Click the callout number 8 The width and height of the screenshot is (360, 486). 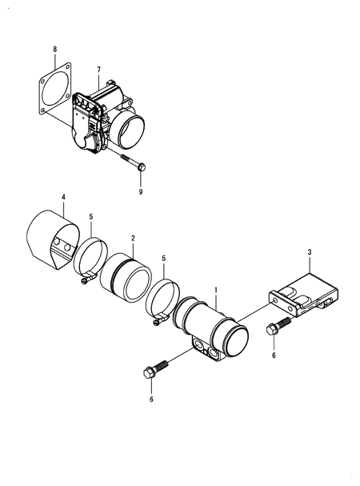pyautogui.click(x=54, y=49)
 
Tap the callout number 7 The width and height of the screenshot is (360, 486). pyautogui.click(x=98, y=71)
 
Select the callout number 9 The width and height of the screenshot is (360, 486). pyautogui.click(x=142, y=192)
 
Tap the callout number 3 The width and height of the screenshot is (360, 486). pyautogui.click(x=309, y=253)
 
